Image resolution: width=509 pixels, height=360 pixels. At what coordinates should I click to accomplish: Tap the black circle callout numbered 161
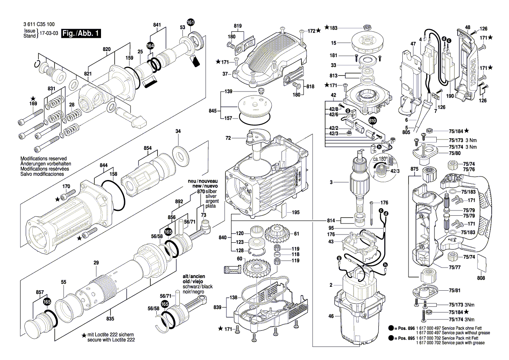[191, 22]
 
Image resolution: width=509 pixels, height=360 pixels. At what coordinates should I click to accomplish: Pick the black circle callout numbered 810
[373, 121]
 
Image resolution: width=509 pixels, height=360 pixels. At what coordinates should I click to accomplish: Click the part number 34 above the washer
[178, 132]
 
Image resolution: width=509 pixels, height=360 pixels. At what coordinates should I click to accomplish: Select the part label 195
[296, 212]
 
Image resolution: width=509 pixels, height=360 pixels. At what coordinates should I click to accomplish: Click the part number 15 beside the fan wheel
[334, 43]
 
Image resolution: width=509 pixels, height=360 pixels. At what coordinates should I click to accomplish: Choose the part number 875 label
[414, 169]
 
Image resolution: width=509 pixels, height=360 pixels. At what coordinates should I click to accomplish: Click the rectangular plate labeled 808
[481, 263]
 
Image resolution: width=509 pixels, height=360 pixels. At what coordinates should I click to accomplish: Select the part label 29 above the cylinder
[96, 262]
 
